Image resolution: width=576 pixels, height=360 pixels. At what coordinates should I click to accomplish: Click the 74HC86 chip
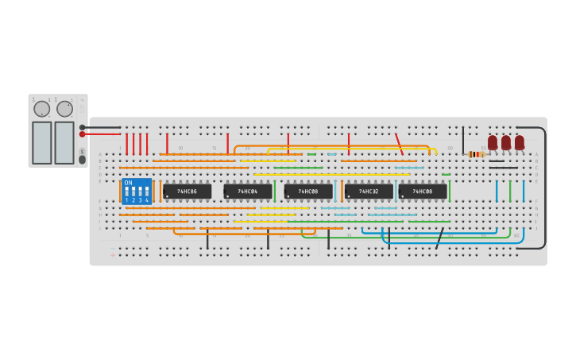[187, 192]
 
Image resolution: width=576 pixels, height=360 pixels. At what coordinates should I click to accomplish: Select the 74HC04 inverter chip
[247, 192]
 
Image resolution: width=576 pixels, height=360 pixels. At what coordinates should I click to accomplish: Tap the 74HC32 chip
[369, 192]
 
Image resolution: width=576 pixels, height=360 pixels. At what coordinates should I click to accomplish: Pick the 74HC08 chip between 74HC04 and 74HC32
[308, 192]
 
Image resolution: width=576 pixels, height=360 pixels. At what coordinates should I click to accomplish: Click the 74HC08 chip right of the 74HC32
[423, 192]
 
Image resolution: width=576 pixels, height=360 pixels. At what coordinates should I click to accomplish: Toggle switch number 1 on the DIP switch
[127, 192]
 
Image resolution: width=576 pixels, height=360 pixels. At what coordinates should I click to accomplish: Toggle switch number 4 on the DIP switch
[147, 192]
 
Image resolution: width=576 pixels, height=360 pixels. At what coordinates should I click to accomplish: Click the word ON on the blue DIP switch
[129, 183]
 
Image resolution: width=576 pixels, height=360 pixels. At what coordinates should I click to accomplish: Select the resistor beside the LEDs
[476, 154]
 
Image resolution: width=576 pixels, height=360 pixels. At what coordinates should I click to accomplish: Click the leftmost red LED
[493, 142]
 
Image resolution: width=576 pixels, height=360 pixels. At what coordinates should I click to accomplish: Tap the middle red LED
[506, 142]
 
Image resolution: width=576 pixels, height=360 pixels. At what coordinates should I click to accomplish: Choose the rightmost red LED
[520, 142]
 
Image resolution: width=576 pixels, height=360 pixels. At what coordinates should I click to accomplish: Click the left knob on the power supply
[41, 109]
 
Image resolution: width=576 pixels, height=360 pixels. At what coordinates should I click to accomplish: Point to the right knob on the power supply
[64, 109]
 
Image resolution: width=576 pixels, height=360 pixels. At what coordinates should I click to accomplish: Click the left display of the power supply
[41, 142]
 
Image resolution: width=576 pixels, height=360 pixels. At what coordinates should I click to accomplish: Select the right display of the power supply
[64, 142]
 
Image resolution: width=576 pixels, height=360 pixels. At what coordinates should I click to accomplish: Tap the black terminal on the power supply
[82, 127]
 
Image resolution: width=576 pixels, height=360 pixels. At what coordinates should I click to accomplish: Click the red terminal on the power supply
[82, 134]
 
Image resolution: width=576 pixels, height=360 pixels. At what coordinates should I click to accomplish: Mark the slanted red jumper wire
[399, 144]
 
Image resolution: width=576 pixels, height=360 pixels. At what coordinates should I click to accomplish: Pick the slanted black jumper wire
[439, 238]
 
